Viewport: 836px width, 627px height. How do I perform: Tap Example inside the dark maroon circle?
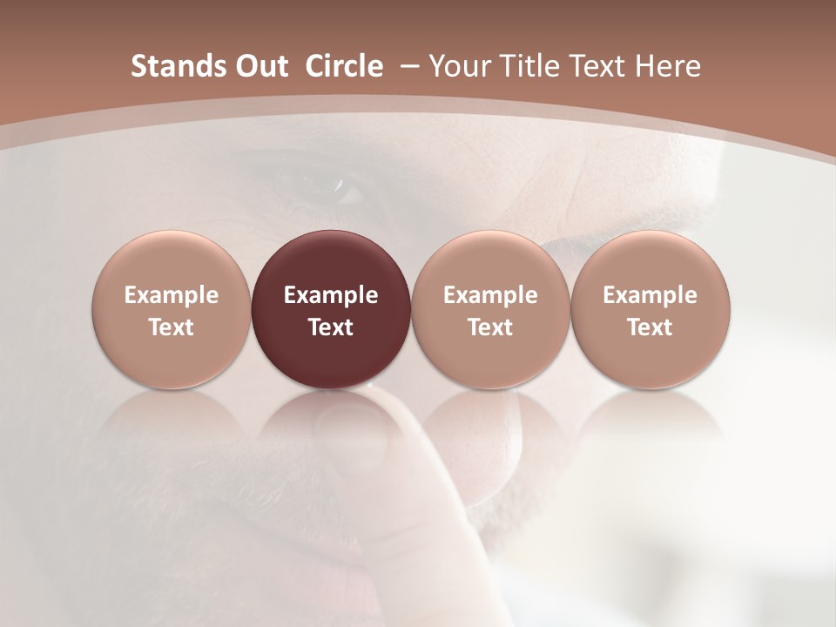tap(331, 295)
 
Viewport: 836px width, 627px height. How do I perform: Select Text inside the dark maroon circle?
tap(331, 327)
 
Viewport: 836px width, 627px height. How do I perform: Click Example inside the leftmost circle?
tap(172, 295)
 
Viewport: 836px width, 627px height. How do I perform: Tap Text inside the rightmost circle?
tap(650, 327)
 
